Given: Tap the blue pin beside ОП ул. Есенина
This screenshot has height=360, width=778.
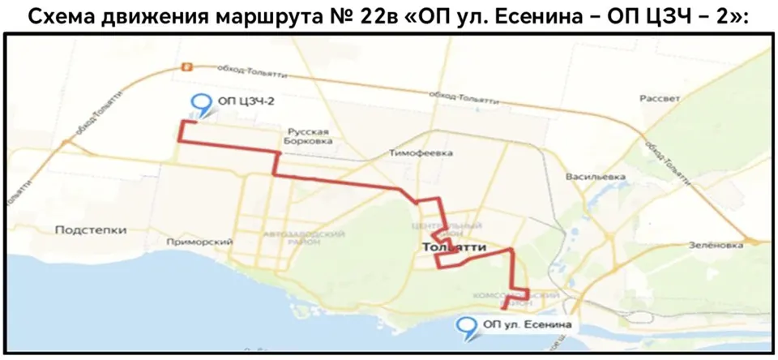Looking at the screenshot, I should coord(466,326).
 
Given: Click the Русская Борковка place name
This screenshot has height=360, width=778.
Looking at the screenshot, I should coord(312,135).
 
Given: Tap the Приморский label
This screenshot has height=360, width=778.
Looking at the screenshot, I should coord(199,242).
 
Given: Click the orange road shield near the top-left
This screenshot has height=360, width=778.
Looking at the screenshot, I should coord(187,68).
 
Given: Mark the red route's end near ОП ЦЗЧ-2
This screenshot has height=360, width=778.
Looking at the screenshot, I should coord(192,122).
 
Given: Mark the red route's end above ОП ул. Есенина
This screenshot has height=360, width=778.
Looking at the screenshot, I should coord(504,308).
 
